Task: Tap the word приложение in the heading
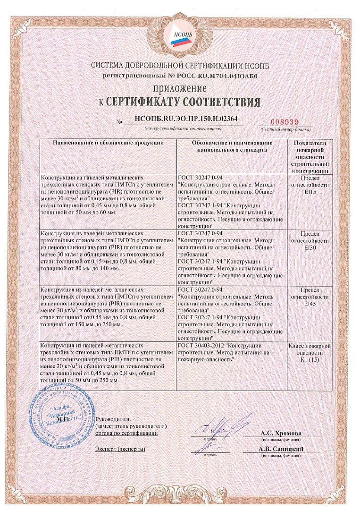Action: tap(179, 88)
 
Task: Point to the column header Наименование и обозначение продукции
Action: tap(108, 142)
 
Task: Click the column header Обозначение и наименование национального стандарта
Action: tap(232, 146)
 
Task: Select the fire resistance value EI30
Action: tap(310, 247)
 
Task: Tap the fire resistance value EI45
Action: tap(310, 304)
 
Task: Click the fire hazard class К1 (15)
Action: tap(310, 360)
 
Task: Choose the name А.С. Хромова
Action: tap(281, 433)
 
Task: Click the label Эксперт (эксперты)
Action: tap(120, 449)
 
